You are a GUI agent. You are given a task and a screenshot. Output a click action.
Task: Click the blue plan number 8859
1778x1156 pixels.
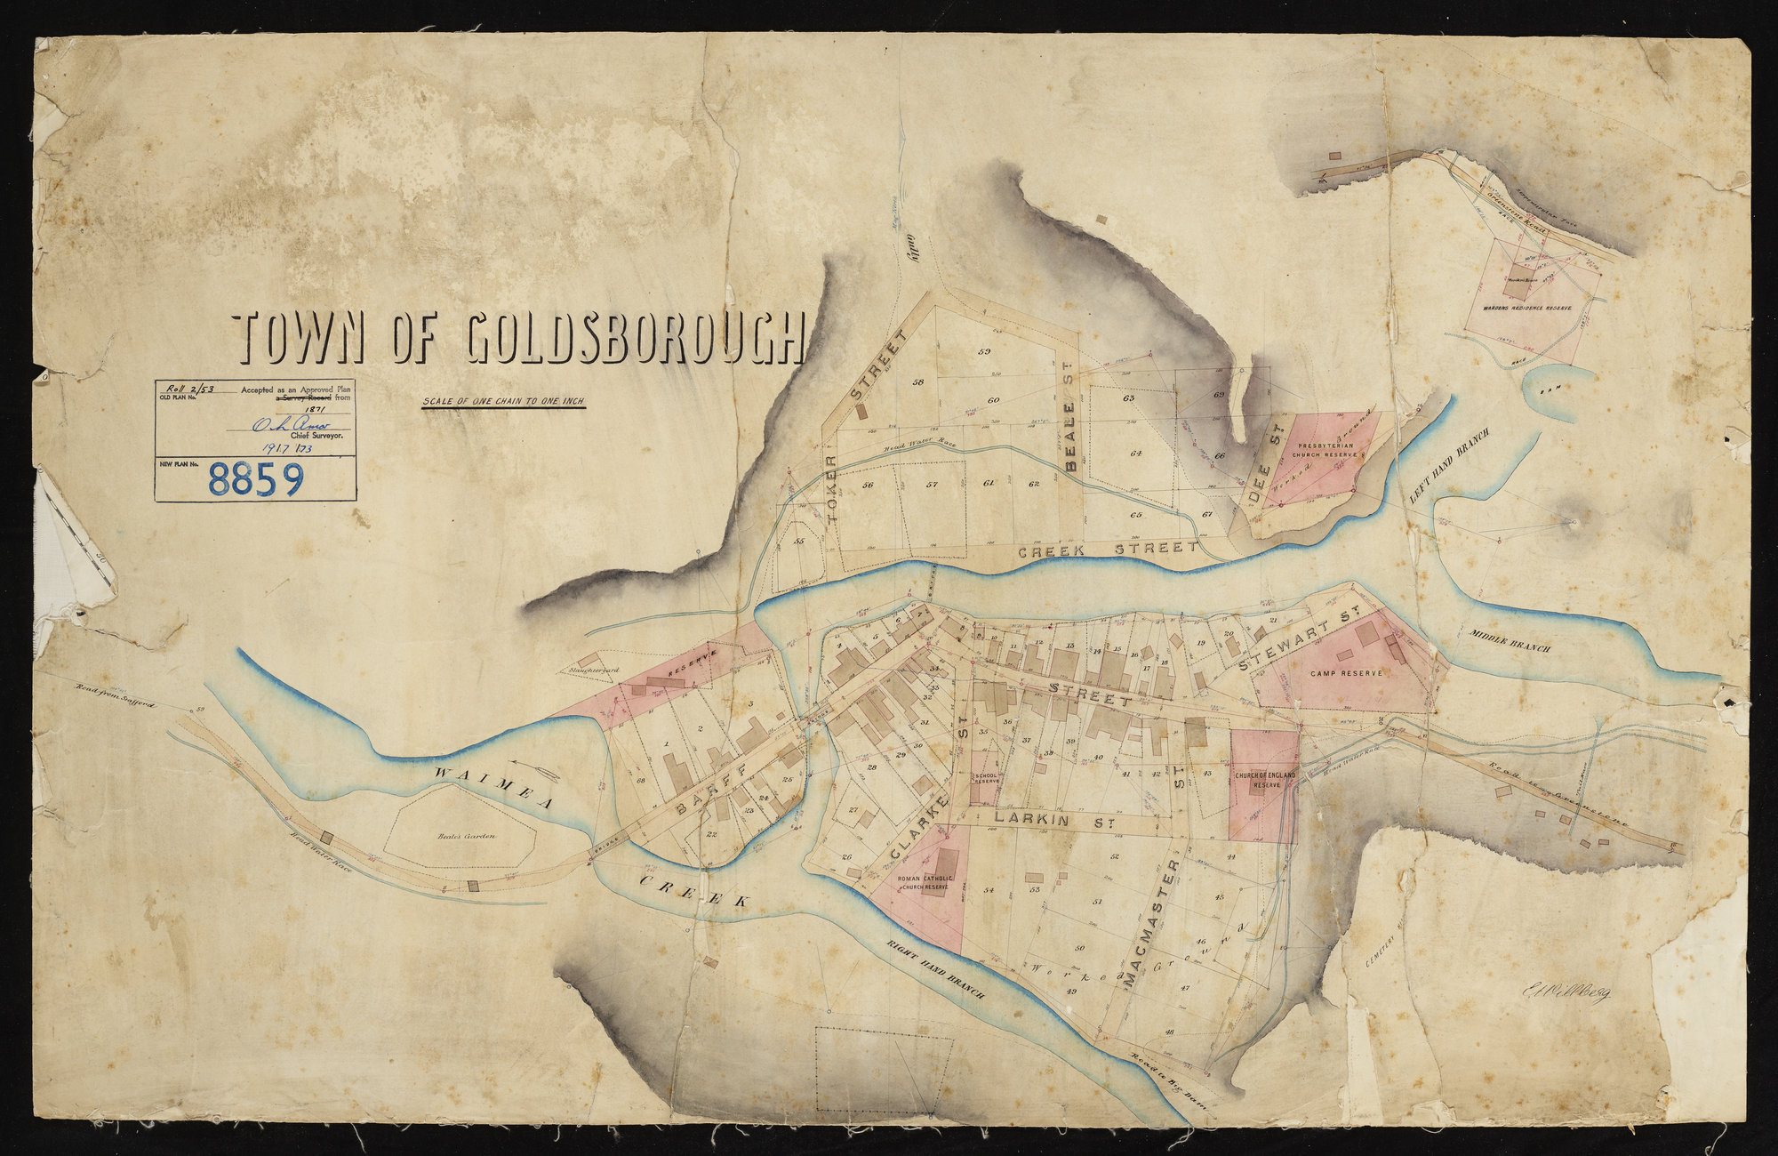[x=256, y=480]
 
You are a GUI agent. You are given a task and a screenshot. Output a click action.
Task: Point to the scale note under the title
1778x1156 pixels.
[x=503, y=401]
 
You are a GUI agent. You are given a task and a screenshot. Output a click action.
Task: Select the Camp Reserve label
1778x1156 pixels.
[x=1346, y=673]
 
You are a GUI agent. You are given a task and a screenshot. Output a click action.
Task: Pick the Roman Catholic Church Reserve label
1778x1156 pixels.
[x=925, y=882]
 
